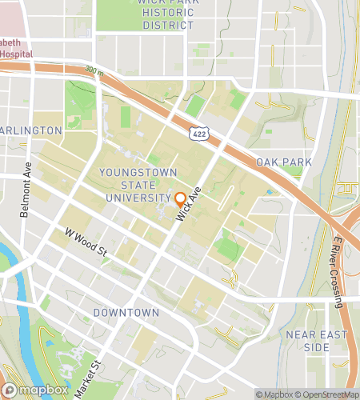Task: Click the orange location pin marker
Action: (181, 200)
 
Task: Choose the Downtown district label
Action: (126, 312)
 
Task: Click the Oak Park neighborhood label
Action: (284, 162)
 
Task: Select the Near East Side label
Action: (306, 342)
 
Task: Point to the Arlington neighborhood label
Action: (30, 130)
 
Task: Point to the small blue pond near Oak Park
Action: (269, 192)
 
